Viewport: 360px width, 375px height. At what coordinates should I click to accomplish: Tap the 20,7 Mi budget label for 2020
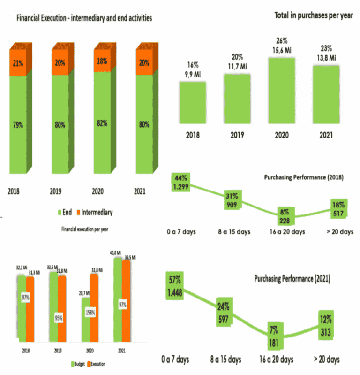(84, 293)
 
